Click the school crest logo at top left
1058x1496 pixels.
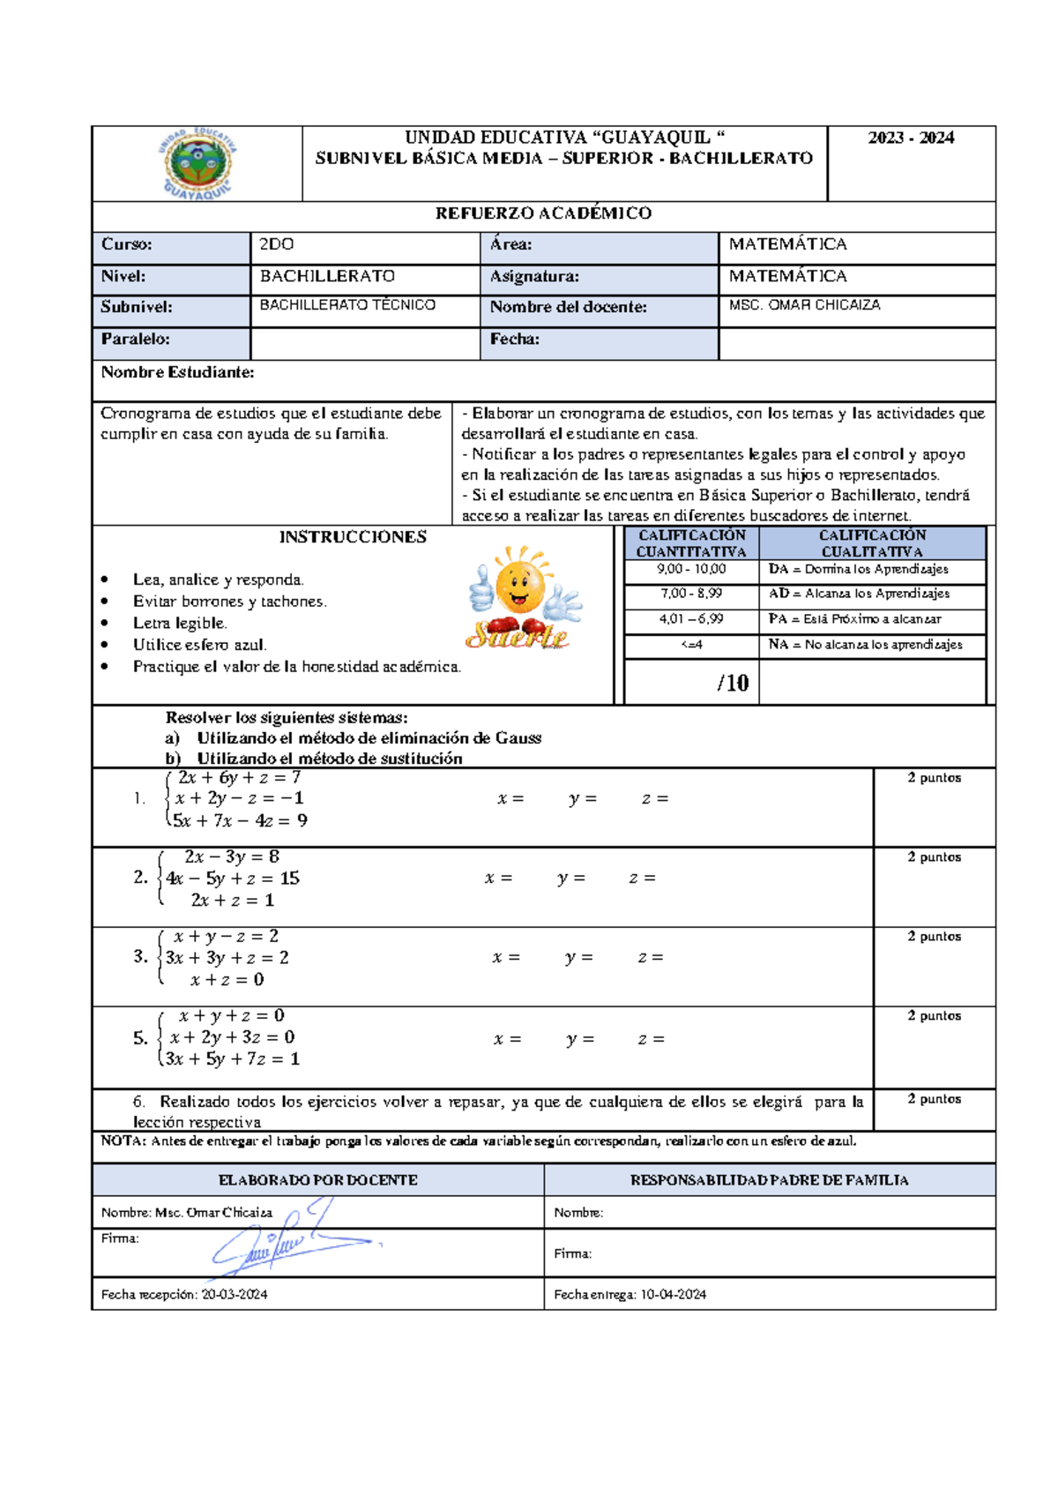pyautogui.click(x=197, y=164)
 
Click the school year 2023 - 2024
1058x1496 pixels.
pyautogui.click(x=911, y=138)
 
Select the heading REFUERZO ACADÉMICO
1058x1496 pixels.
pyautogui.click(x=543, y=213)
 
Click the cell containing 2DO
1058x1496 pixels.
pyautogui.click(x=277, y=244)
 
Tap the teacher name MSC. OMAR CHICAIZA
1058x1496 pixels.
pyautogui.click(x=804, y=305)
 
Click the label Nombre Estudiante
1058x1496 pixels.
pyautogui.click(x=177, y=372)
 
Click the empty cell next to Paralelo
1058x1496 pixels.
pyautogui.click(x=364, y=343)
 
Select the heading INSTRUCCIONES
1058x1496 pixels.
pyautogui.click(x=353, y=537)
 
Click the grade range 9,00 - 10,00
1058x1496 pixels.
pyautogui.click(x=691, y=570)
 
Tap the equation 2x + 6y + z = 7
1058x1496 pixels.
pyautogui.click(x=239, y=778)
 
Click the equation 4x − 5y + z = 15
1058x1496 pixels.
pyautogui.click(x=233, y=879)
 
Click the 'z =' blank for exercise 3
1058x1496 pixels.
pyautogui.click(x=651, y=958)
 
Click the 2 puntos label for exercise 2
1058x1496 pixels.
pyautogui.click(x=934, y=857)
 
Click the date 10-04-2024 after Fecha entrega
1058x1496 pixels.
pyautogui.click(x=673, y=1295)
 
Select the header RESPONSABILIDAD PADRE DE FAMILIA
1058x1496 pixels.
pyautogui.click(x=769, y=1180)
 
